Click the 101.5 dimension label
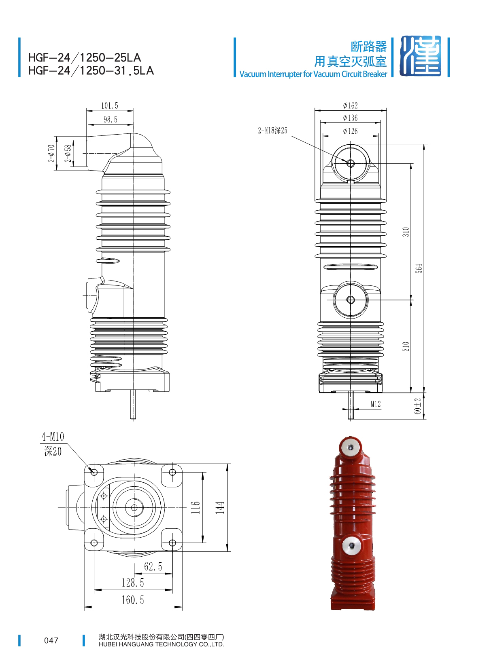pyautogui.click(x=110, y=106)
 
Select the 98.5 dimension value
pyautogui.click(x=111, y=119)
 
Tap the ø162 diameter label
pyautogui.click(x=350, y=106)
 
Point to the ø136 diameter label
pyautogui.click(x=350, y=118)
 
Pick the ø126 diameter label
pyautogui.click(x=350, y=131)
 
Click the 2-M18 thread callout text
pyautogui.click(x=272, y=131)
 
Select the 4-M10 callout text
pyautogui.click(x=53, y=437)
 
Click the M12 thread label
pyautogui.click(x=376, y=404)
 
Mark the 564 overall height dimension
pyautogui.click(x=419, y=268)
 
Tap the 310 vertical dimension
pyautogui.click(x=406, y=232)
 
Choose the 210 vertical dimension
pyautogui.click(x=406, y=346)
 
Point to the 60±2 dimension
pyautogui.click(x=418, y=406)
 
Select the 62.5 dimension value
pyautogui.click(x=153, y=566)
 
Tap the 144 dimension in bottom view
pyautogui.click(x=220, y=507)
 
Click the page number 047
pyautogui.click(x=51, y=640)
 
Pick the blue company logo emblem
pyautogui.click(x=420, y=56)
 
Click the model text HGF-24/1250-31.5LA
pyautogui.click(x=91, y=71)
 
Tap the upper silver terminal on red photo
pyautogui.click(x=351, y=447)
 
